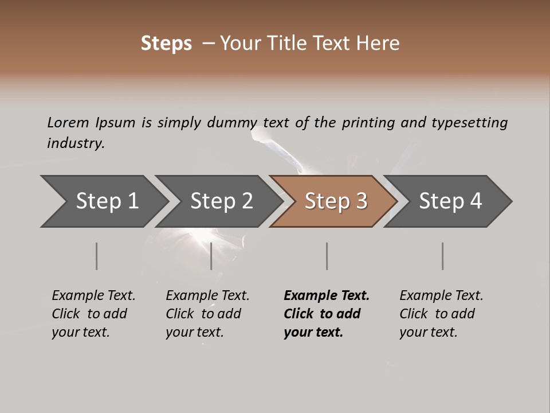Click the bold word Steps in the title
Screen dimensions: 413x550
click(x=166, y=44)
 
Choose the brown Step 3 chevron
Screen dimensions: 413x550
click(x=336, y=201)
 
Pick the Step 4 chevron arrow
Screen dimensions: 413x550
click(x=450, y=201)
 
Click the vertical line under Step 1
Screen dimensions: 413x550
click(x=97, y=256)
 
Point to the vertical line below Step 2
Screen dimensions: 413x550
click(x=211, y=256)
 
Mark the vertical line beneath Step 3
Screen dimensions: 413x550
click(x=327, y=256)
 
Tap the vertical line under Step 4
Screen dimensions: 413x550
click(x=443, y=256)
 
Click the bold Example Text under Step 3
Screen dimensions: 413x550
click(x=327, y=296)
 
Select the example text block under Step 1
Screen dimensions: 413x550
click(x=93, y=314)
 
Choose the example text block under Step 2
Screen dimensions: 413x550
click(x=207, y=314)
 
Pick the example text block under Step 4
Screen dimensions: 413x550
click(x=441, y=314)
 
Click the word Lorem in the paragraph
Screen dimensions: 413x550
click(x=68, y=123)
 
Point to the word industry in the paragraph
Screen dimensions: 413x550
click(x=76, y=143)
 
